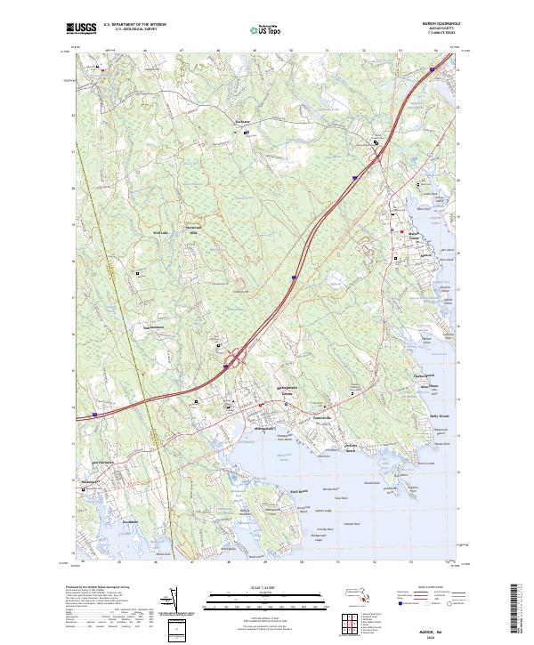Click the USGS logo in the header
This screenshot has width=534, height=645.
(x=81, y=28)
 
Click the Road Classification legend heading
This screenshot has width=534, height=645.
(x=418, y=588)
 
